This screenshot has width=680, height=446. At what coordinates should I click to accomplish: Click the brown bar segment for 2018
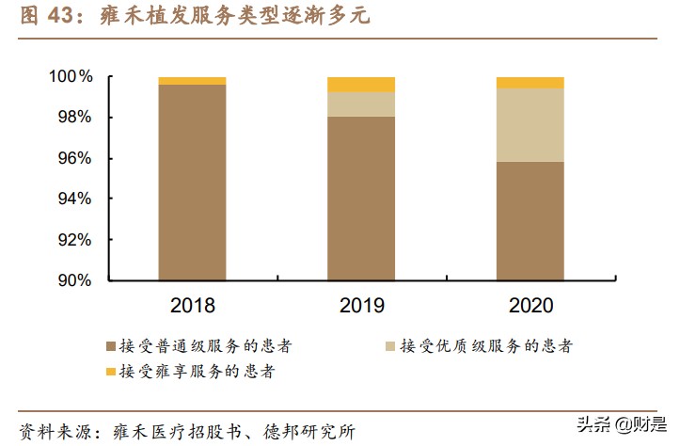[192, 183]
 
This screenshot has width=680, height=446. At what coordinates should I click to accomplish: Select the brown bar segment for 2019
[361, 199]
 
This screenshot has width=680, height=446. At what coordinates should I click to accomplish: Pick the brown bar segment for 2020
[530, 221]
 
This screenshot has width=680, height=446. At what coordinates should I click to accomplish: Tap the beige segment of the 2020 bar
[530, 125]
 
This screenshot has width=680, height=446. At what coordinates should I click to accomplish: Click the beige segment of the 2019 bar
[361, 104]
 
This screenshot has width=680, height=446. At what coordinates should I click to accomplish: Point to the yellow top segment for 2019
[361, 85]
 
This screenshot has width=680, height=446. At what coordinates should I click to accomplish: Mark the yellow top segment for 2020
[530, 83]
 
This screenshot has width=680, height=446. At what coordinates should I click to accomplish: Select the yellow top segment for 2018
[192, 81]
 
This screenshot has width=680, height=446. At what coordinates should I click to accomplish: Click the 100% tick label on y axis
[71, 76]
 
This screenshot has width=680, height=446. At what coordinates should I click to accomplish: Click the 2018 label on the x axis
[192, 306]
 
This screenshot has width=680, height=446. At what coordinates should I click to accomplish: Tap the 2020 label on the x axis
[530, 306]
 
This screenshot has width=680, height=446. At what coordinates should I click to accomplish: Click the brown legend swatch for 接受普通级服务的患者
[111, 346]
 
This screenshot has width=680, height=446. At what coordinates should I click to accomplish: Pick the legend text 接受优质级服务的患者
[486, 346]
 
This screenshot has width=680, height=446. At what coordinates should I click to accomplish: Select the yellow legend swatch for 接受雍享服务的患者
[111, 372]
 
